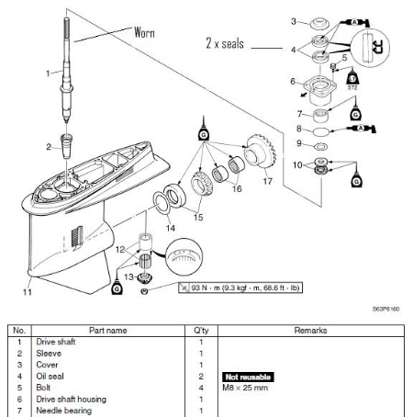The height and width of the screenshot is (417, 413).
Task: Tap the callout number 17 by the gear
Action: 269,182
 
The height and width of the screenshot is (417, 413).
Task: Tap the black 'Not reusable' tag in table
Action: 246,377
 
